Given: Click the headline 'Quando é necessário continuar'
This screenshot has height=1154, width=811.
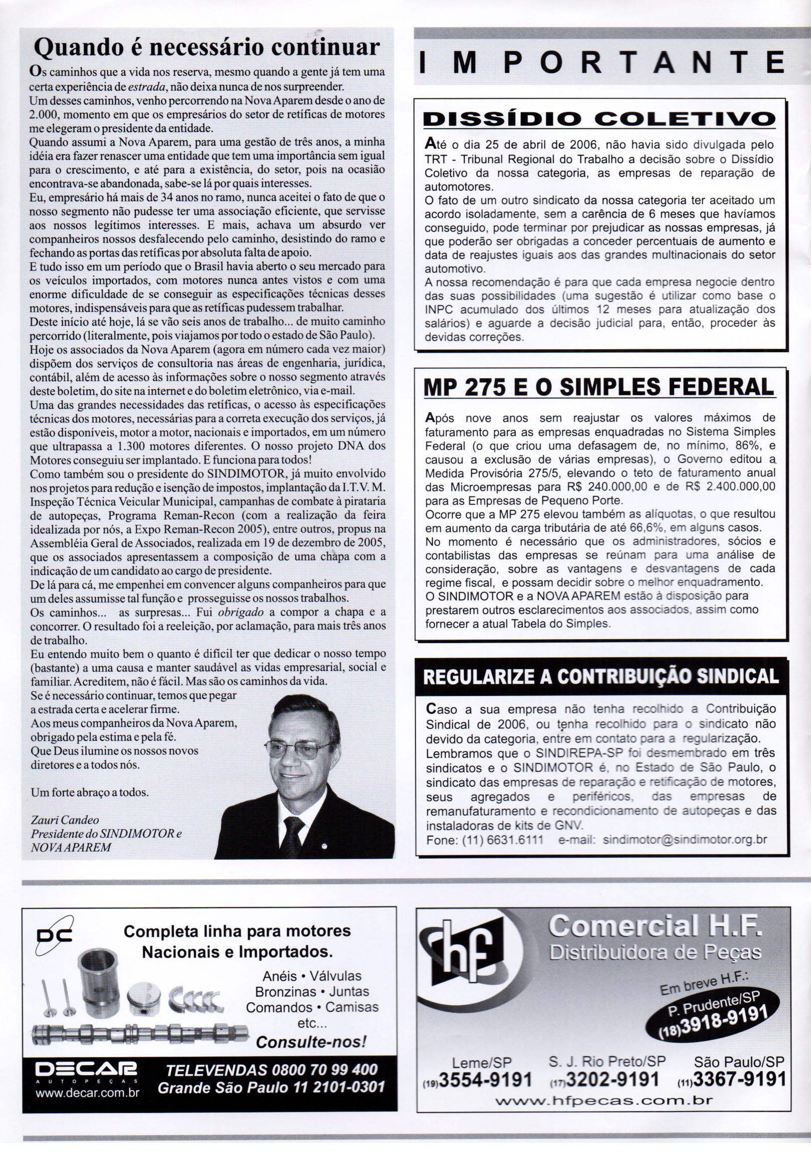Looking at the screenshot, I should (206, 48).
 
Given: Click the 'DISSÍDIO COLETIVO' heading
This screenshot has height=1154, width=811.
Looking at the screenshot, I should (600, 119).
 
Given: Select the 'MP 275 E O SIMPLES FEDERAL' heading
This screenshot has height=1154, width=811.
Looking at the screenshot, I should (600, 387).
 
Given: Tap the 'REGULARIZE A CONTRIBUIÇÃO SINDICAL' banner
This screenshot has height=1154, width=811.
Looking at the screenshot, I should (601, 677).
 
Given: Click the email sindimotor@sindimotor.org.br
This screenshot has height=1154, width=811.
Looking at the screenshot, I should (684, 840).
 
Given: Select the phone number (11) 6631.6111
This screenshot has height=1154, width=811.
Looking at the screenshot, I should (485, 840).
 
